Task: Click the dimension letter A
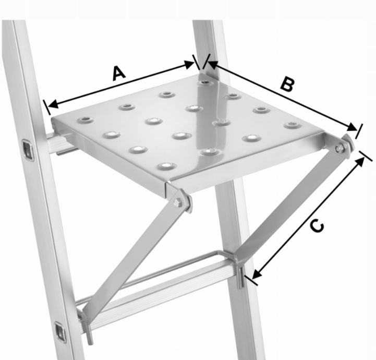[x=119, y=74]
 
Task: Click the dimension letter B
[x=287, y=85]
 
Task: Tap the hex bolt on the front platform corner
[x=178, y=202]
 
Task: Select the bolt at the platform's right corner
[x=339, y=149]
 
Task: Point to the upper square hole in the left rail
[x=28, y=150]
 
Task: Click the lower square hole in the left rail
[x=60, y=333]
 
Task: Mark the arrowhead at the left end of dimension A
[x=53, y=104]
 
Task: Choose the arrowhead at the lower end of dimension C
[x=257, y=274]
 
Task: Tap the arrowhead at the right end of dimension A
[x=189, y=64]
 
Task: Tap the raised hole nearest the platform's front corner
[x=167, y=166]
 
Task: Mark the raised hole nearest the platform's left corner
[x=86, y=119]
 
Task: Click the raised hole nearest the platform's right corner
[x=293, y=125]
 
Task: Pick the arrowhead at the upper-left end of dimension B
[x=212, y=64]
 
